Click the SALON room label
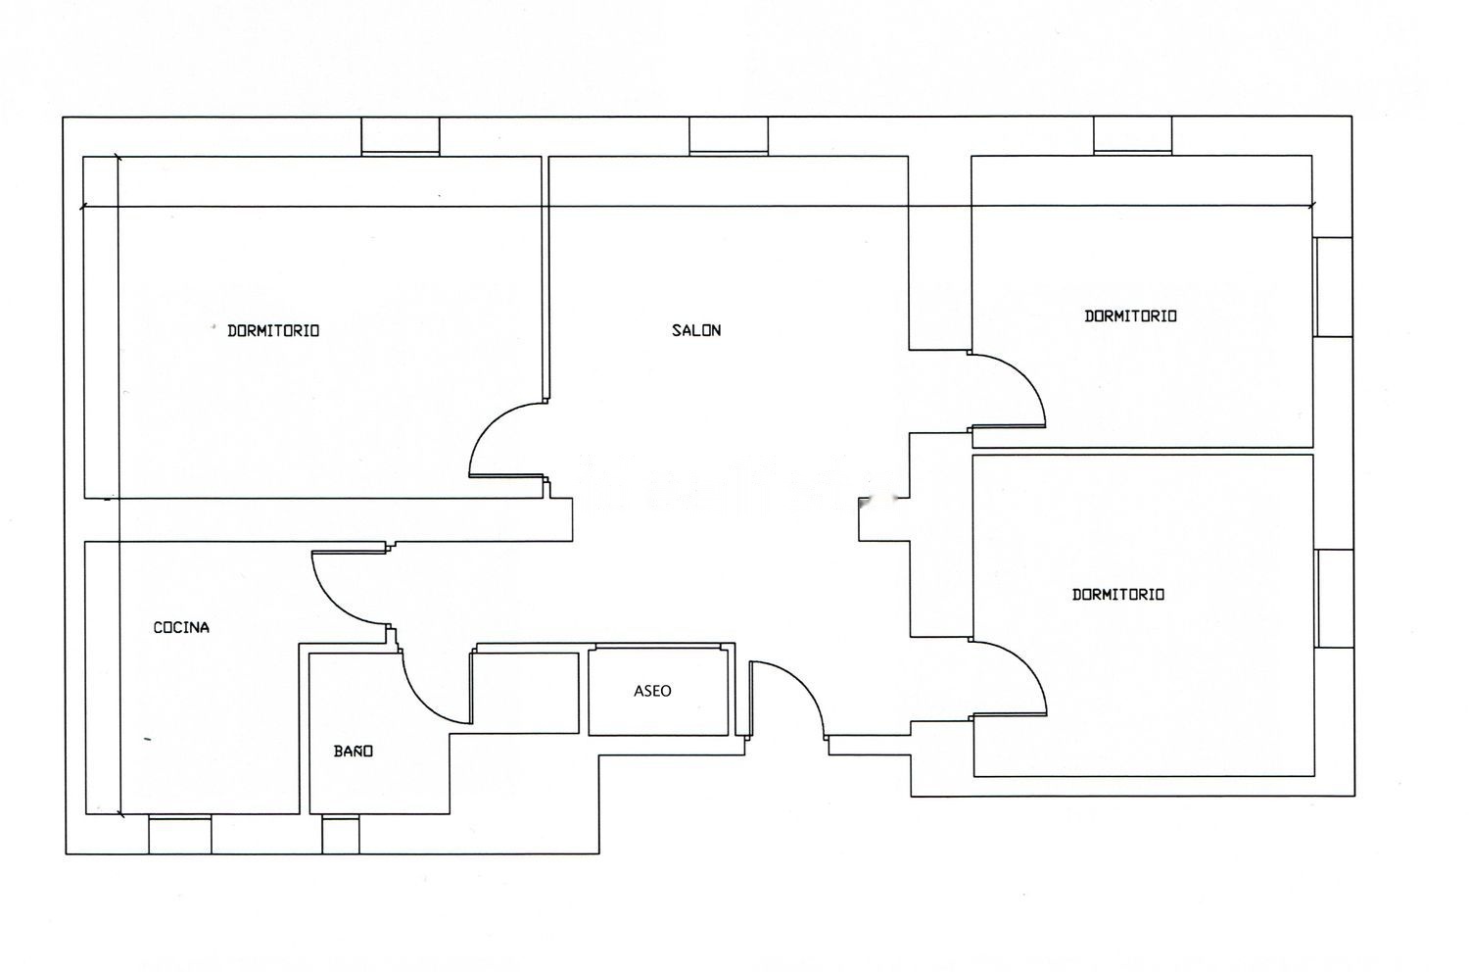tap(696, 330)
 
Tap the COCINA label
tap(181, 627)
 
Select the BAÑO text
tap(354, 751)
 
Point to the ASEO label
tap(652, 691)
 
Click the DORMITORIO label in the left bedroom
tap(273, 331)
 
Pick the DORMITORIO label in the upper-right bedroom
tap(1130, 316)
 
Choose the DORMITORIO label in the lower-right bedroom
tap(1118, 595)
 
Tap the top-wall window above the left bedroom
tap(400, 136)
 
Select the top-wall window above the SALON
tap(729, 136)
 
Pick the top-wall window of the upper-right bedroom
tap(1132, 136)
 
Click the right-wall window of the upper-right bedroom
tap(1334, 287)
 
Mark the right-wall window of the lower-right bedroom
tap(1335, 599)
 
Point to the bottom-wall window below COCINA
tap(180, 834)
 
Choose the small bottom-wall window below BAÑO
tap(341, 834)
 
